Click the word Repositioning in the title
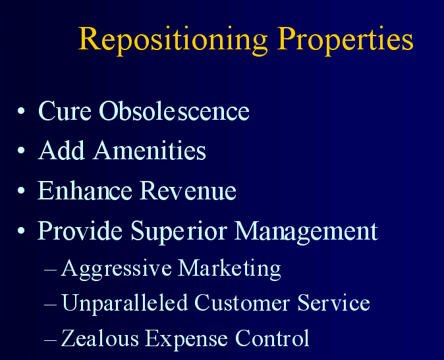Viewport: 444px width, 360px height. pyautogui.click(x=173, y=40)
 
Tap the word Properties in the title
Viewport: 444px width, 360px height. pyautogui.click(x=345, y=40)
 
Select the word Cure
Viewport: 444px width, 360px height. pyautogui.click(x=65, y=111)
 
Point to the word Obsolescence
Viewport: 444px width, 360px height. pyautogui.click(x=174, y=111)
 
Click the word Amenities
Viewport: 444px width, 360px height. pyautogui.click(x=150, y=150)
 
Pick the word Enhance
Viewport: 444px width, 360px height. pyautogui.click(x=85, y=190)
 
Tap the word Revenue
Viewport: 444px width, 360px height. pyautogui.click(x=188, y=190)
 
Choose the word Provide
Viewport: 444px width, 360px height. pyautogui.click(x=80, y=230)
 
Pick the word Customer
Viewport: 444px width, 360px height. pyautogui.click(x=242, y=303)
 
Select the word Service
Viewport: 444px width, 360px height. pyautogui.click(x=333, y=303)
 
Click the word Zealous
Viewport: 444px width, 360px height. pyautogui.click(x=100, y=338)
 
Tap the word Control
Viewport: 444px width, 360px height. pyautogui.click(x=272, y=338)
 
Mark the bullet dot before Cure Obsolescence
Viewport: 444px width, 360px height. pyautogui.click(x=21, y=111)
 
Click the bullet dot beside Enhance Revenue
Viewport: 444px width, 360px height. pyautogui.click(x=21, y=190)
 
